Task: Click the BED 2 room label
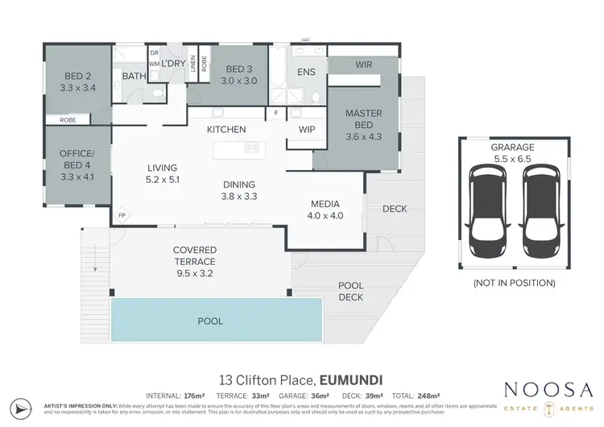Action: (78, 77)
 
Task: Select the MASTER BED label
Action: (363, 119)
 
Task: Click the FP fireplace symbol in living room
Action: (122, 216)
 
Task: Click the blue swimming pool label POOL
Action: (210, 321)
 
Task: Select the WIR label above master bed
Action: (363, 64)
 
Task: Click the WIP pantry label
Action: (306, 129)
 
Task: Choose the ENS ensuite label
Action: (305, 73)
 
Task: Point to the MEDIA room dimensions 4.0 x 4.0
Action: (325, 215)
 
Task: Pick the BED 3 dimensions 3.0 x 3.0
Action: (239, 81)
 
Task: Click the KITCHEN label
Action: (226, 129)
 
